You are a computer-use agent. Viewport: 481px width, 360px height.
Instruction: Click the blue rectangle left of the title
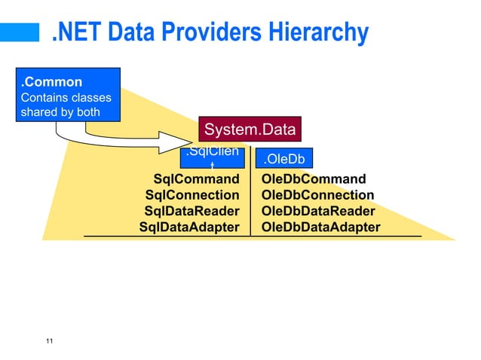tap(19, 32)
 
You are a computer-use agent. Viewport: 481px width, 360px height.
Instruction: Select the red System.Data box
tap(250, 130)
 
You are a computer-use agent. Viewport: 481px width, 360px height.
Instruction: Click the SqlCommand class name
tap(196, 179)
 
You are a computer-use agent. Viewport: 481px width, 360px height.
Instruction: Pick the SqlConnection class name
tap(192, 195)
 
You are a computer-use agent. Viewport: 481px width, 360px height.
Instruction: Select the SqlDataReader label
tap(191, 211)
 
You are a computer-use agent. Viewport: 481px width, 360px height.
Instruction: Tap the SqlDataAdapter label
tap(189, 227)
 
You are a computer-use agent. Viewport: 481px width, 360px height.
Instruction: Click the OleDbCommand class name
tap(313, 179)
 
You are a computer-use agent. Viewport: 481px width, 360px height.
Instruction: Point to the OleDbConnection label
tap(317, 195)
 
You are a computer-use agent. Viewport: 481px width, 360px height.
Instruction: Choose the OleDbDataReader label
tap(317, 211)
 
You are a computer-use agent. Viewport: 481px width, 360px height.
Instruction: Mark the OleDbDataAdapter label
tap(320, 227)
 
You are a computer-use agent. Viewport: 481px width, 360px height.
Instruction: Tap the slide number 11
tap(49, 343)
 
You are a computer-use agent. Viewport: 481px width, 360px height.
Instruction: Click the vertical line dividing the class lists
tap(250, 203)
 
